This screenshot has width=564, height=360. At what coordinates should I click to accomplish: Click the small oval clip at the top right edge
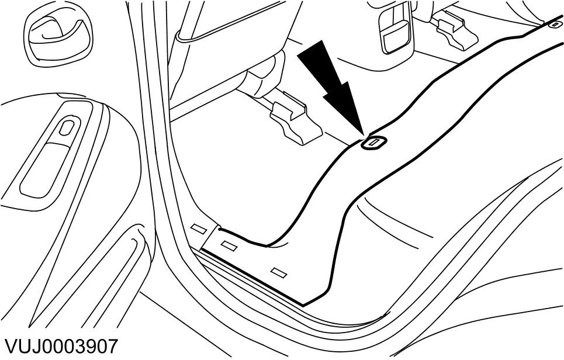click(554, 25)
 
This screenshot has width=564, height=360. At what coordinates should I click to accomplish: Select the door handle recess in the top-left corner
click(56, 34)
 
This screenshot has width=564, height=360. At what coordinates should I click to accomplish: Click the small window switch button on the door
click(66, 129)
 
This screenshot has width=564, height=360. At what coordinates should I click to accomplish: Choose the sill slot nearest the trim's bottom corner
click(279, 272)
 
